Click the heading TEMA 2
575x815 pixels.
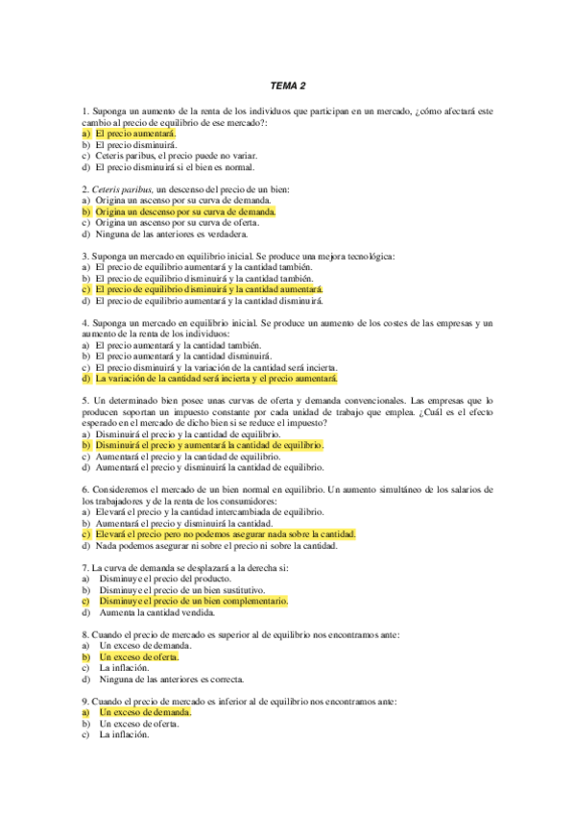click(x=287, y=85)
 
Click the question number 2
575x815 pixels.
click(x=84, y=189)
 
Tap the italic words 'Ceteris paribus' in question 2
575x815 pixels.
click(x=123, y=189)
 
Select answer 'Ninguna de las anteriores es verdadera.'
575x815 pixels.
click(x=171, y=234)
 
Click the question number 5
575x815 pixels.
click(x=84, y=400)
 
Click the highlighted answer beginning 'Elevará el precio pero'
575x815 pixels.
click(x=225, y=533)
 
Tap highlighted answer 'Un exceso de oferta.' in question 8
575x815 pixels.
click(x=139, y=656)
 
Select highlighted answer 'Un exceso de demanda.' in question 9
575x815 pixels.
click(x=144, y=712)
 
